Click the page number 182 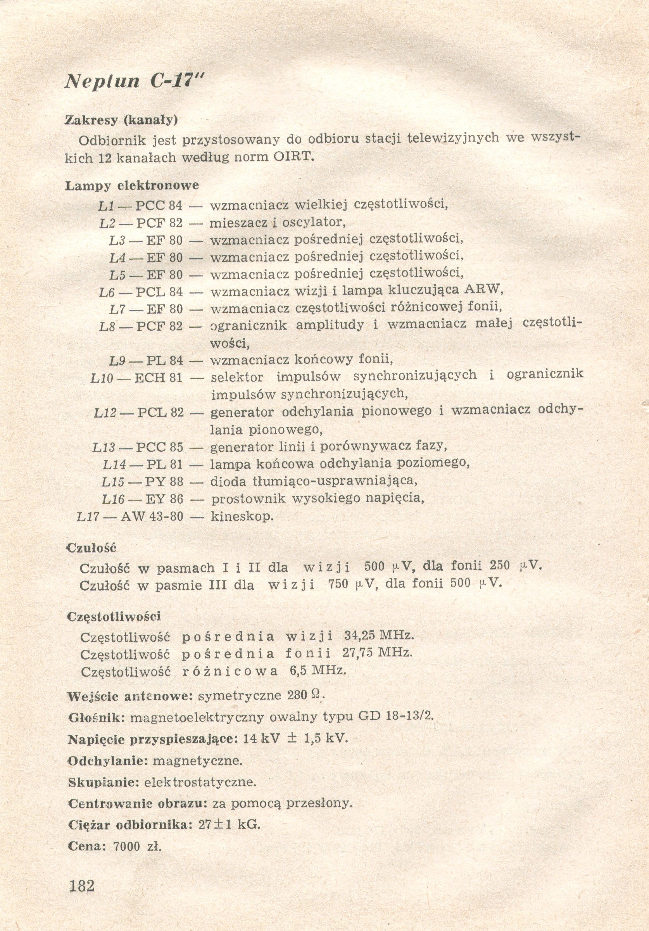pos(81,886)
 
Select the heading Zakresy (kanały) pos(122,120)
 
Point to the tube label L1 pos(106,206)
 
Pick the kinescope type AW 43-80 pos(152,516)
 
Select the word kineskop pos(242,516)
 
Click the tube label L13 pos(104,447)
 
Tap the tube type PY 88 pos(164,482)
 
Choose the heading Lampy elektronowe pos(132,186)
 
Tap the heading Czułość pos(91,548)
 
